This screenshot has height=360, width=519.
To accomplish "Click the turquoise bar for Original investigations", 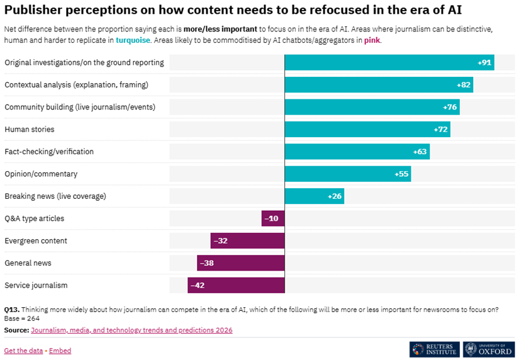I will coord(389,62).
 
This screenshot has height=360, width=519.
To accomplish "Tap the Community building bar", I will coord(372,107).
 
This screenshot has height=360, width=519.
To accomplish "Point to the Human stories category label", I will coord(30,130).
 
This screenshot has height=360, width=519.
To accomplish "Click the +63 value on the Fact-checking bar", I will coord(420,152).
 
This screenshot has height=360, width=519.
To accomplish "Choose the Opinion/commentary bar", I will coord(347,174).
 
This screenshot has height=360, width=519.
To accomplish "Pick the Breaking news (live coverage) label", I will coord(55,196).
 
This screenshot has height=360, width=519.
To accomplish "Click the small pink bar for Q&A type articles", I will coord(273,218).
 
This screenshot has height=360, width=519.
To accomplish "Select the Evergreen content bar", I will coord(247,240).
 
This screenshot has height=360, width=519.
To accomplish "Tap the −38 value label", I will coord(206,263).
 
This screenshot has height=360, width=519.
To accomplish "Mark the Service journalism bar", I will coord(236,285).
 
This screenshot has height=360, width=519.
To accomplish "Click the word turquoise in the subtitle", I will coord(133,40).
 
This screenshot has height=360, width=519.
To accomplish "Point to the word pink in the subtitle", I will coord(372,40).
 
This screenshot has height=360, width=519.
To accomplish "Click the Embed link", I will coord(60,351).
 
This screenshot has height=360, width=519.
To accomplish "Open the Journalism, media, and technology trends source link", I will coord(131,330).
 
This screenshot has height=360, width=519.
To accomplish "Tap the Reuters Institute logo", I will coord(434,349).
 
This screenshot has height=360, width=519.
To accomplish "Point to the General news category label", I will coord(28,263).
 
